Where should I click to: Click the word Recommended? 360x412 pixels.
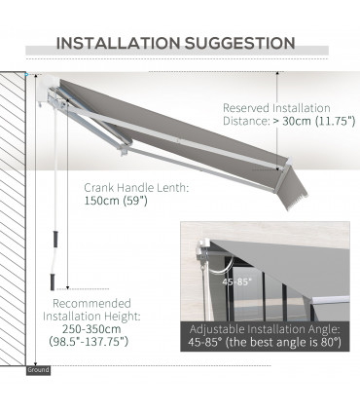pyautogui.click(x=96, y=303)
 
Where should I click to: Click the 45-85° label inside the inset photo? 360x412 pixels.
pyautogui.click(x=235, y=280)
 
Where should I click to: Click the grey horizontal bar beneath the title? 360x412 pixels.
pyautogui.click(x=180, y=63)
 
